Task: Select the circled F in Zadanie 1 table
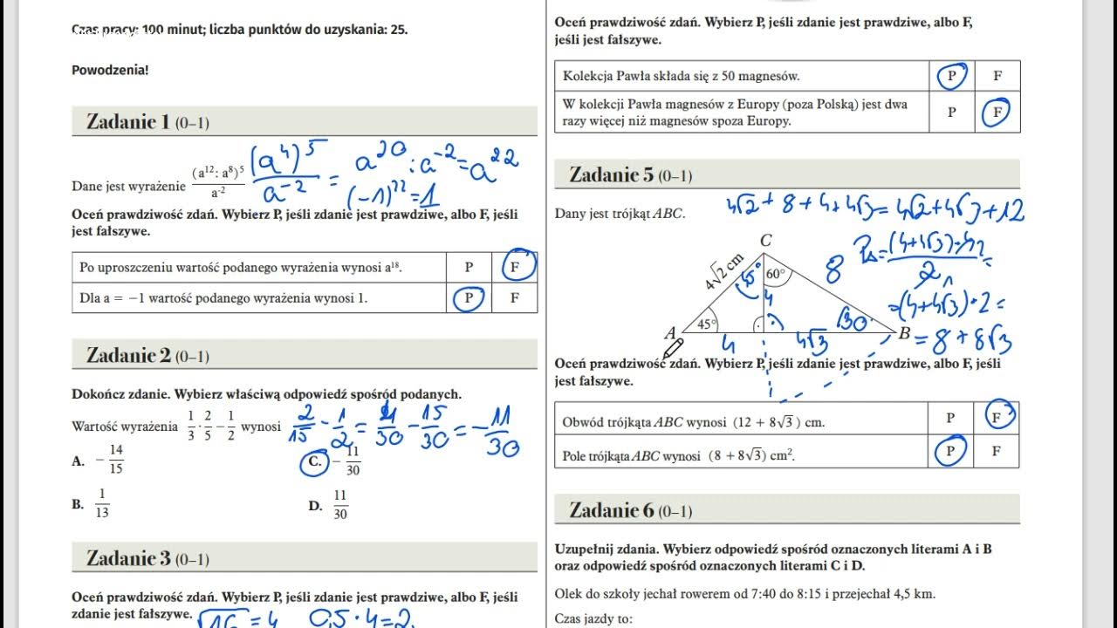tap(516, 266)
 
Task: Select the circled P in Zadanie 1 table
tap(469, 298)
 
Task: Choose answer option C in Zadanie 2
tap(315, 462)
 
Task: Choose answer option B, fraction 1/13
tap(93, 504)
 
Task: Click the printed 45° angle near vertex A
tap(705, 324)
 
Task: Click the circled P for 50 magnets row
tap(951, 76)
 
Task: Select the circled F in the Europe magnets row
tap(997, 112)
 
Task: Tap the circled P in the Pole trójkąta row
tap(950, 452)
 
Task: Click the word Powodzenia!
tap(110, 70)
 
